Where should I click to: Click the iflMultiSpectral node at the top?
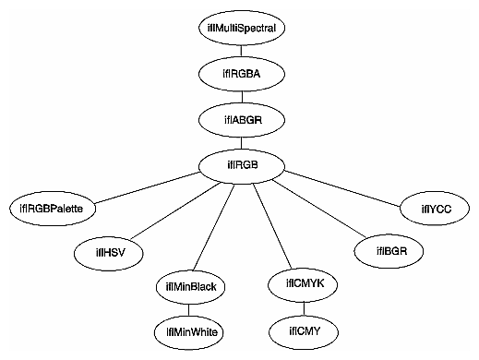(242, 27)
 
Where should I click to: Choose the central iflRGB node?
(242, 165)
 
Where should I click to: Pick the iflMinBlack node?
(191, 287)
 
